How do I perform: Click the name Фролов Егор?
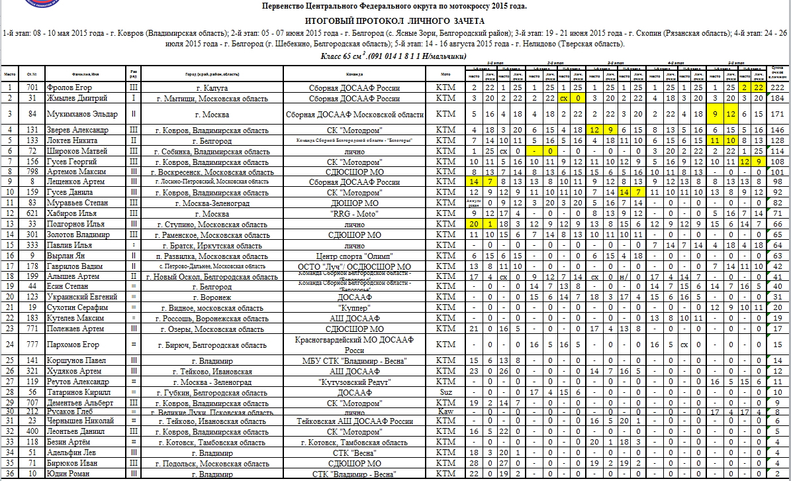click(x=70, y=87)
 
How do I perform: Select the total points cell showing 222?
click(x=777, y=87)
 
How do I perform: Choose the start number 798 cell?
click(x=31, y=172)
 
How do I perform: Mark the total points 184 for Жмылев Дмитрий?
click(x=777, y=98)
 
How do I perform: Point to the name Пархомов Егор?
click(x=72, y=345)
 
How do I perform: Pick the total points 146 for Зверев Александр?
click(x=777, y=130)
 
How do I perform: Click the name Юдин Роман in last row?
click(x=66, y=474)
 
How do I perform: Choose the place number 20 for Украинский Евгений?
click(x=10, y=297)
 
